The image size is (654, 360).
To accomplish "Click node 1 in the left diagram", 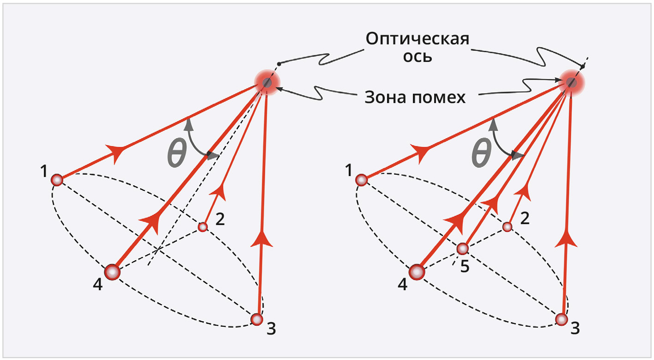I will [57, 180].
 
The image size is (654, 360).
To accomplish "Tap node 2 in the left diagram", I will [202, 227].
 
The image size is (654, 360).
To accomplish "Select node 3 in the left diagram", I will [257, 319].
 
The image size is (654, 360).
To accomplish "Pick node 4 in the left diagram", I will [112, 273].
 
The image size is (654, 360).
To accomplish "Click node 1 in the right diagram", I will [362, 180].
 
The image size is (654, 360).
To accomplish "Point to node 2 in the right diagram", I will [507, 227].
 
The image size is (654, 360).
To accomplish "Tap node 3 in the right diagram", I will [562, 319].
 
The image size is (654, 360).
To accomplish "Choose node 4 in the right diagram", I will [417, 273].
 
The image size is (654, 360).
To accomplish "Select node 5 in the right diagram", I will [463, 249].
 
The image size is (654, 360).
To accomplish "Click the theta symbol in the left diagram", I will [176, 154].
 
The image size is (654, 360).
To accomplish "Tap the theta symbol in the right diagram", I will [481, 154].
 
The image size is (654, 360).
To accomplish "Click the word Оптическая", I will [418, 39].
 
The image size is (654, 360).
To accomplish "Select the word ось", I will [418, 57].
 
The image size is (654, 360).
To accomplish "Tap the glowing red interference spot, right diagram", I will [572, 83].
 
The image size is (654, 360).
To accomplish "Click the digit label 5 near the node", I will [465, 267].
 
